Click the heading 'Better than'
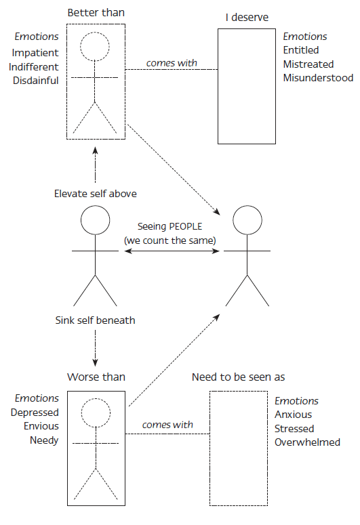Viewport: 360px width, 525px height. click(96, 13)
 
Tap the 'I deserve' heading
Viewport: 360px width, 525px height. click(247, 18)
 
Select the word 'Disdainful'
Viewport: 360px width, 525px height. click(35, 81)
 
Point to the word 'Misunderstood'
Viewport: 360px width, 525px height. click(318, 78)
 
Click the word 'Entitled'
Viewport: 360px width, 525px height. click(300, 50)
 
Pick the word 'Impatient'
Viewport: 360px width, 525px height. click(35, 53)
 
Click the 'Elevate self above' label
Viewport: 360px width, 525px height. click(96, 194)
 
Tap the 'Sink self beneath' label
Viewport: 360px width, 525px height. click(95, 320)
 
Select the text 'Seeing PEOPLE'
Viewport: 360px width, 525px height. click(169, 227)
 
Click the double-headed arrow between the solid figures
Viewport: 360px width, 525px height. click(172, 251)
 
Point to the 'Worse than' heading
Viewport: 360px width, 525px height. click(96, 377)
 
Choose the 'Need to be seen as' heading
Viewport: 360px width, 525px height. click(239, 377)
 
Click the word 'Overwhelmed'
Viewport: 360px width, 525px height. click(307, 442)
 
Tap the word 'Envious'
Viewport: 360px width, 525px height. click(41, 426)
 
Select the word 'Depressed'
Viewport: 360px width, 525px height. click(35, 413)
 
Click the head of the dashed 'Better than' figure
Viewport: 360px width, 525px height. click(95, 47)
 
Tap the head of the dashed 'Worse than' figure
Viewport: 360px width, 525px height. click(96, 413)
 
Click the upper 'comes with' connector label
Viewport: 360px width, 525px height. click(172, 63)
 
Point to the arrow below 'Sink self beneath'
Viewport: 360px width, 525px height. click(95, 348)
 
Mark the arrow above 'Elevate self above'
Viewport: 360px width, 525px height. click(95, 165)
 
